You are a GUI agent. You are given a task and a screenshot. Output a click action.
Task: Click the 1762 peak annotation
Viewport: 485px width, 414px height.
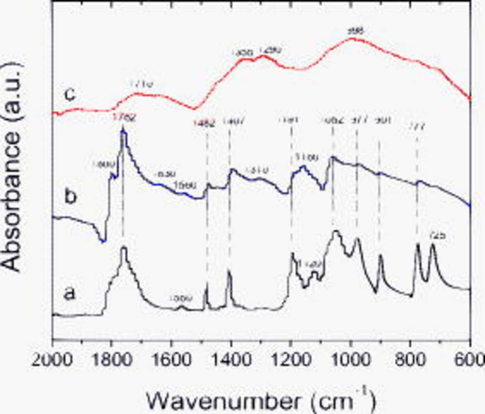coord(124,118)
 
